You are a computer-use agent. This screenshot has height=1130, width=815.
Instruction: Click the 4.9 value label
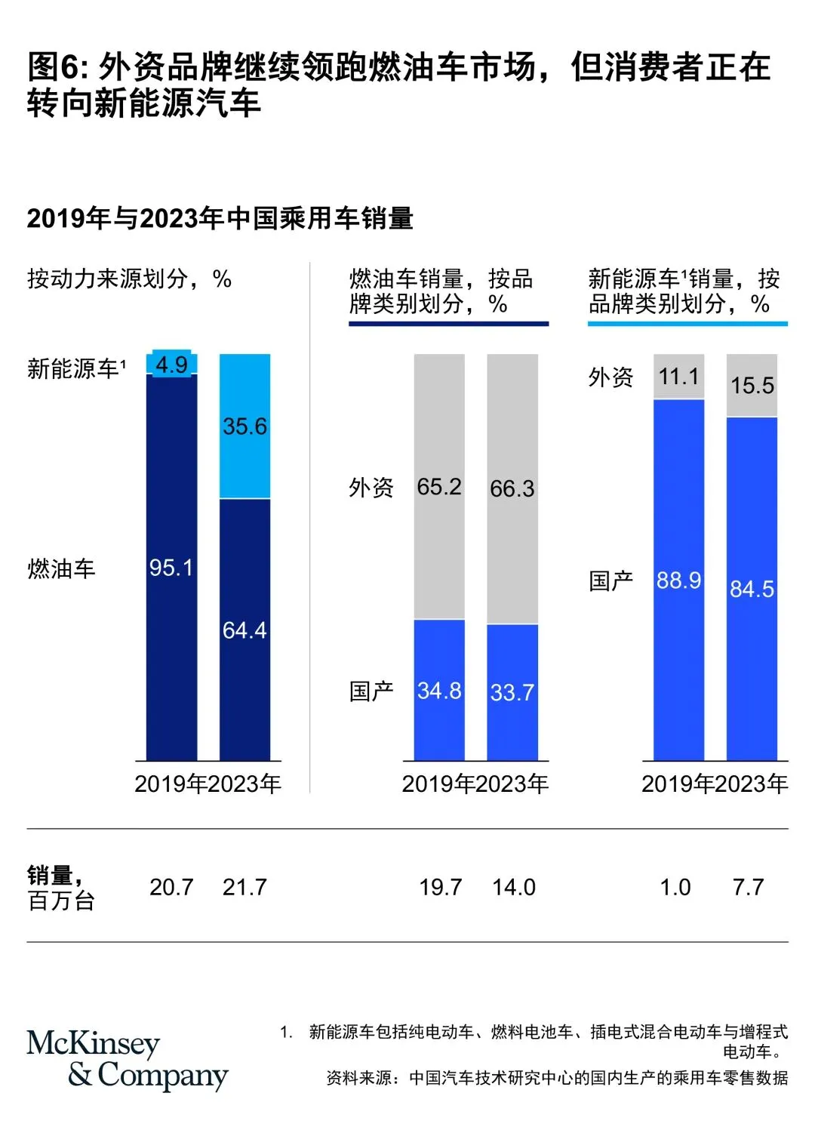pos(171,365)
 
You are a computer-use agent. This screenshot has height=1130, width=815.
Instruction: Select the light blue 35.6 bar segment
pos(244,426)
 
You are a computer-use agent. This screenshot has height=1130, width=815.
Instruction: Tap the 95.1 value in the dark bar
pos(171,568)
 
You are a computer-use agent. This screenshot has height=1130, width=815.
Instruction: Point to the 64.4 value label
pos(244,630)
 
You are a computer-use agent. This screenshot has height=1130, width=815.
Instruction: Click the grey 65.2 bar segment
pos(439,487)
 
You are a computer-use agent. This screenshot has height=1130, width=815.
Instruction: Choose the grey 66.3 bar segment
pos(512,488)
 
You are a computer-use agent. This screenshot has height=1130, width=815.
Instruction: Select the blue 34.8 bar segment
pos(439,690)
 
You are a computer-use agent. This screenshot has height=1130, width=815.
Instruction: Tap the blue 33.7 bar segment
pos(512,692)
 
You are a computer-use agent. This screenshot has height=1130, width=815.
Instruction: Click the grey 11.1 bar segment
pos(678,376)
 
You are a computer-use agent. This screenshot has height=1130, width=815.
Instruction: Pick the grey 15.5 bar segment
pos(752,386)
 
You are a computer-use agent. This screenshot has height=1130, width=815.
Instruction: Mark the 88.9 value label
pos(678,580)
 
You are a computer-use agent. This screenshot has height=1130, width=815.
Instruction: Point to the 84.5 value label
pos(752,589)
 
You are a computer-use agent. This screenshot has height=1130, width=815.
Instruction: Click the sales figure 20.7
pos(171,887)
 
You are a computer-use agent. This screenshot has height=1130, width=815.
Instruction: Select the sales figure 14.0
pos(514,887)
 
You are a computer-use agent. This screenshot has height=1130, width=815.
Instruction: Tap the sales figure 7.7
pos(748,887)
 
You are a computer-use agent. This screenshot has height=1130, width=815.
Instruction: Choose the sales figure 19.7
pos(441,887)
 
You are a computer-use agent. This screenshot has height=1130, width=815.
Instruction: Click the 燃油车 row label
pos(61,568)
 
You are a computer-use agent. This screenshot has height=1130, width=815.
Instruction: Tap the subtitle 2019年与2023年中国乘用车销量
pos(220,218)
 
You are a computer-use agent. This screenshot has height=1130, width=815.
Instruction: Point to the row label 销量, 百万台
pos(60,888)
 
